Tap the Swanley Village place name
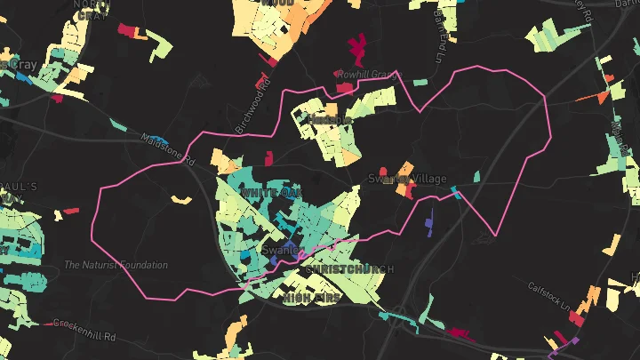(408, 179)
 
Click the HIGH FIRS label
(311, 300)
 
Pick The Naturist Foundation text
(116, 265)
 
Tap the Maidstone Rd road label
(167, 148)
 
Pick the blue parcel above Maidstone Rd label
(119, 125)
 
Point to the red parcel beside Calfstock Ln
(577, 317)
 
